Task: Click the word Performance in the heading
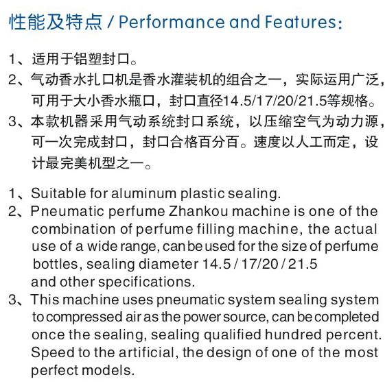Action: [x=172, y=22]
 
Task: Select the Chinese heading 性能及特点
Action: [x=56, y=22]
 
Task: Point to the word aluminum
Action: [x=144, y=193]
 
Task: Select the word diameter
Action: [x=168, y=264]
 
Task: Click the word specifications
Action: [x=146, y=282]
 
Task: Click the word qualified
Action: [x=233, y=335]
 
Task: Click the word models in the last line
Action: [x=108, y=370]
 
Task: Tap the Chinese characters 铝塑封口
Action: [x=102, y=59]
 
